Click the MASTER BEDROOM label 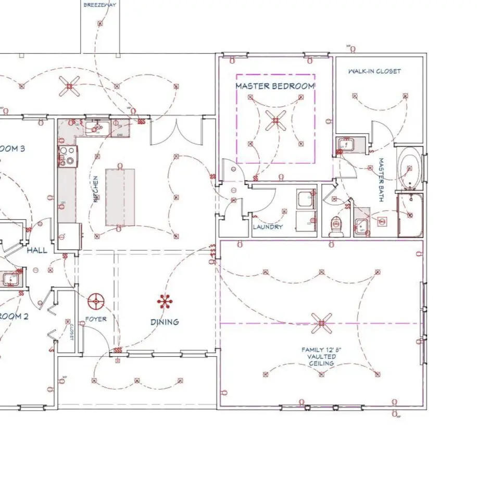(x=275, y=86)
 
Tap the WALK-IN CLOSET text (x=375, y=71)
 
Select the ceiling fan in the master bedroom (x=275, y=121)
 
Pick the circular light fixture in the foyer (x=96, y=300)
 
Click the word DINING (x=165, y=322)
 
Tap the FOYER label (x=96, y=319)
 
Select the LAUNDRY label (x=268, y=227)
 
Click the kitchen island (x=120, y=196)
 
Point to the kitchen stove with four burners (x=68, y=156)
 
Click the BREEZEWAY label (x=99, y=5)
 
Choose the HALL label (x=37, y=250)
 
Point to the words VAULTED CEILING (x=321, y=360)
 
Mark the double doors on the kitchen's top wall (x=175, y=131)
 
